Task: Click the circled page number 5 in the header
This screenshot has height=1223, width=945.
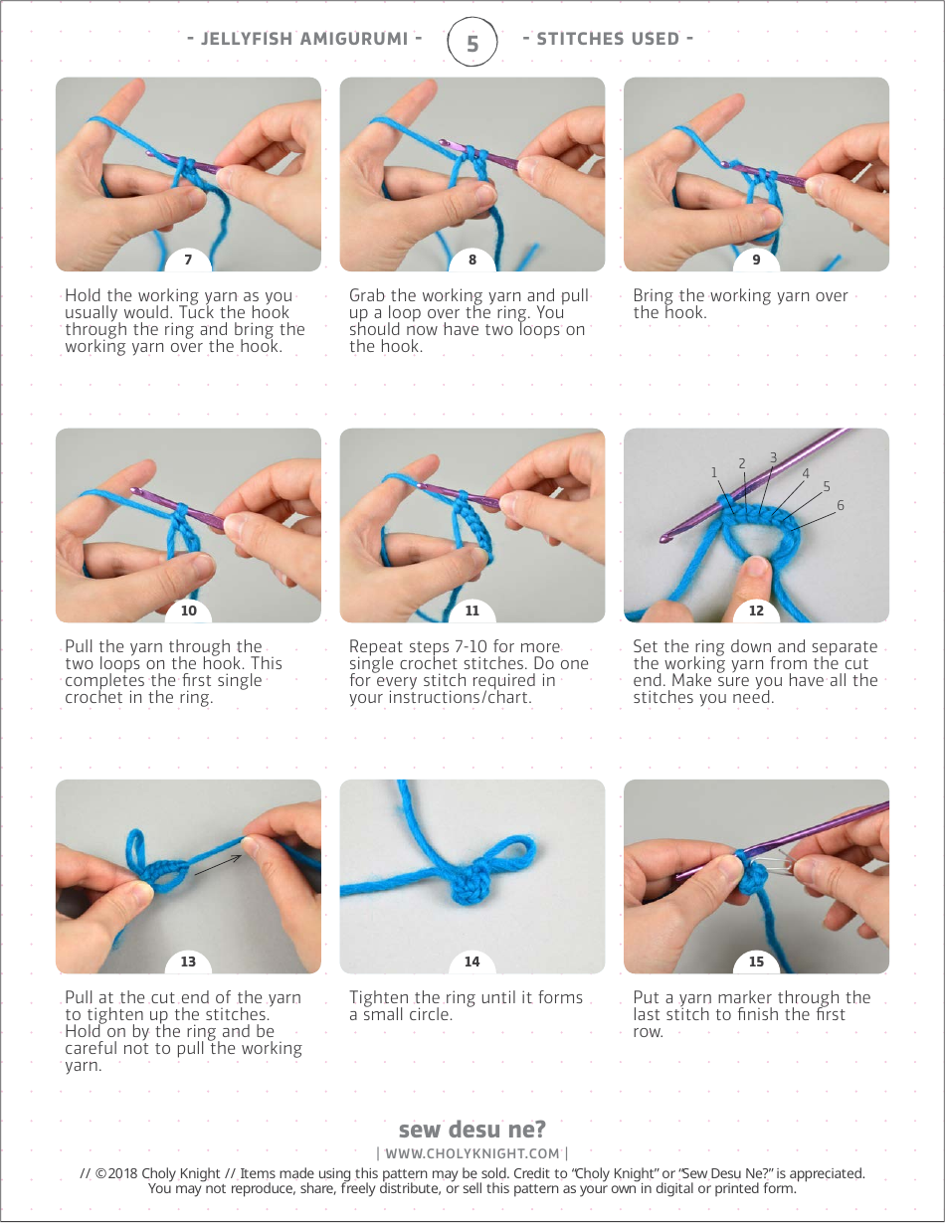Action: click(x=472, y=43)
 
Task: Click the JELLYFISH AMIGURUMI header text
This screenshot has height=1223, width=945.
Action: click(x=304, y=40)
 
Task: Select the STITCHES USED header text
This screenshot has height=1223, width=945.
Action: click(x=608, y=40)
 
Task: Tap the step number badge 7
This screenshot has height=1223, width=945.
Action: click(x=188, y=261)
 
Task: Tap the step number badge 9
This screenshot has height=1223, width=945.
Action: click(x=756, y=261)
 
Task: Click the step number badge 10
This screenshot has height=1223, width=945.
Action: click(x=188, y=611)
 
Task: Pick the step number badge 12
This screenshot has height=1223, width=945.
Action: click(x=756, y=611)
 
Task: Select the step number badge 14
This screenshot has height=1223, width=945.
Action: click(x=472, y=961)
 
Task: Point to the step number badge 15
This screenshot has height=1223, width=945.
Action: click(x=756, y=961)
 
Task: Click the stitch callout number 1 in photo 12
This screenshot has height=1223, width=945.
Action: click(x=713, y=472)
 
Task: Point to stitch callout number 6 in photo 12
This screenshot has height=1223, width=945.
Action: click(x=841, y=506)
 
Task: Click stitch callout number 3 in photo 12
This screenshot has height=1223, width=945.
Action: click(x=773, y=457)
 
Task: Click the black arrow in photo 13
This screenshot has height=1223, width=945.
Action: click(x=217, y=862)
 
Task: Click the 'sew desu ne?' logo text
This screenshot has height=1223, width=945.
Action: click(x=472, y=1130)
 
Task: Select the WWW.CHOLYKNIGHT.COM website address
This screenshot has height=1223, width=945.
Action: click(x=472, y=1153)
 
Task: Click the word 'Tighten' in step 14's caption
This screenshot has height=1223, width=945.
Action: click(x=379, y=997)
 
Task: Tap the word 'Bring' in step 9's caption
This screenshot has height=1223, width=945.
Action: click(x=653, y=295)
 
